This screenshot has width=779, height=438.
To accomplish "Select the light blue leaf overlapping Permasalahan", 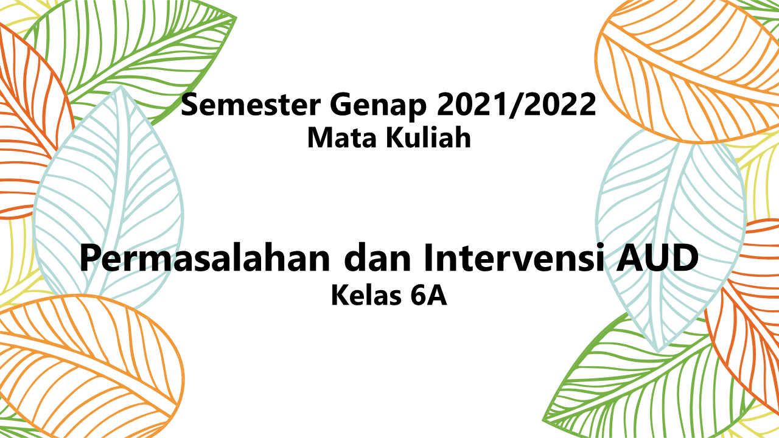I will coord(110,195).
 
